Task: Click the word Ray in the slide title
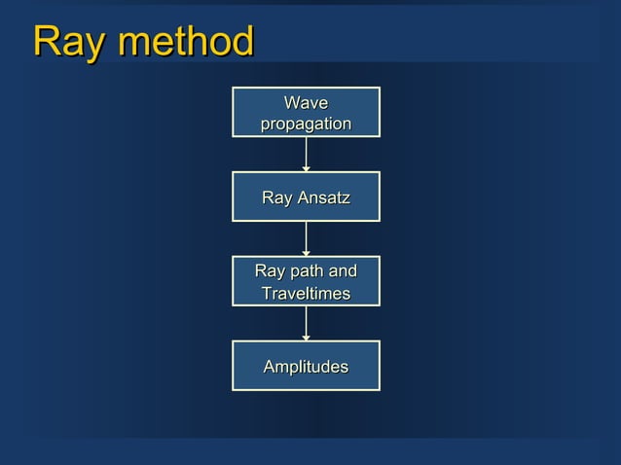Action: pos(63,42)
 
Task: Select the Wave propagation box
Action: pos(306,113)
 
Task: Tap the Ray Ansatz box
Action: pos(306,197)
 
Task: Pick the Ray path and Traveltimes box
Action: pos(306,281)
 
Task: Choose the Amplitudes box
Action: pos(306,366)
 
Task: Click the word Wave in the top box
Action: pos(306,103)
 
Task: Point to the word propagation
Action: pos(306,125)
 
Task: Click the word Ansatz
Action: pos(323,198)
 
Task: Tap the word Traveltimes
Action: pos(306,293)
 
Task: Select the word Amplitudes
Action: pos(306,367)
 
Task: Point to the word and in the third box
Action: pos(342,271)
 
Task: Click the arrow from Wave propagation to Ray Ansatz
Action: pos(306,154)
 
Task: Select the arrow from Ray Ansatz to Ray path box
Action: pos(306,238)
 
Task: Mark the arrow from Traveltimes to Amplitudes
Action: pos(306,323)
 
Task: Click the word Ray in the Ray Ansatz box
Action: pos(276,198)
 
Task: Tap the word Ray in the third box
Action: pos(270,271)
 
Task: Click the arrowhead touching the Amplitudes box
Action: pos(306,338)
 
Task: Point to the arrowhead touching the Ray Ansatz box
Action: pos(306,168)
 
